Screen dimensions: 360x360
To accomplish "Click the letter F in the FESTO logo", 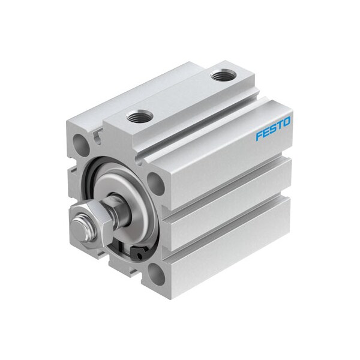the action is pyautogui.click(x=259, y=136).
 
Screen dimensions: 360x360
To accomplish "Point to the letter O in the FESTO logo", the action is pyautogui.click(x=287, y=121).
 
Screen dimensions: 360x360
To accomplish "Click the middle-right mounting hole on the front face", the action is pyautogui.click(x=155, y=182).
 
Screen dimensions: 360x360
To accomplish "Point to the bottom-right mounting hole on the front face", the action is pyautogui.click(x=157, y=274).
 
